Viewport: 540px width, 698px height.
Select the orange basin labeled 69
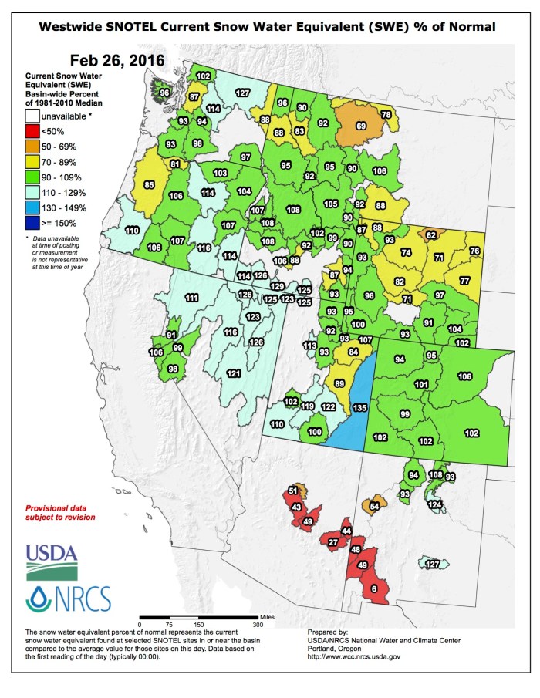click(x=360, y=125)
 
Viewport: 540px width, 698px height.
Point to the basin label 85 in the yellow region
click(x=150, y=185)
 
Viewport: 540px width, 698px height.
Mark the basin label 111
click(x=192, y=298)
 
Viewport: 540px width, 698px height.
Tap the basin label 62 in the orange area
click(x=431, y=234)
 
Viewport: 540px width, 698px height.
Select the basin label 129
click(x=277, y=286)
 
